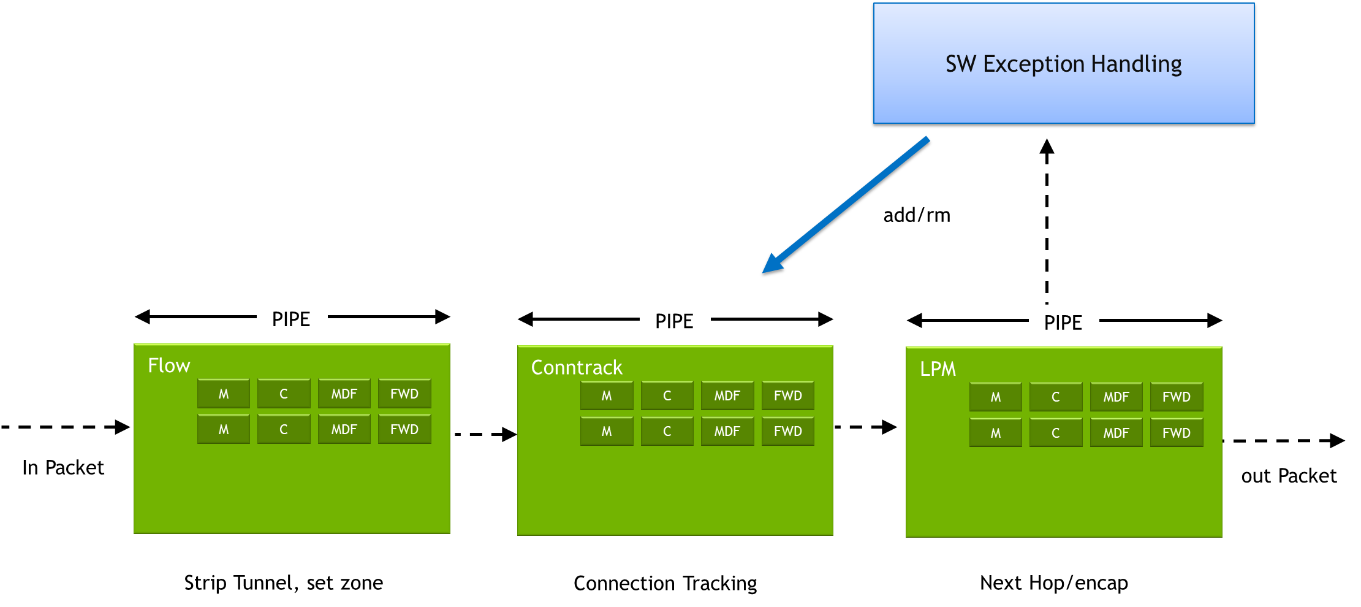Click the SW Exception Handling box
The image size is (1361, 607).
pos(1064,63)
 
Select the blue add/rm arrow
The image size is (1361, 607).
pos(846,205)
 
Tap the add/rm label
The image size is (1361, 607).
pos(917,215)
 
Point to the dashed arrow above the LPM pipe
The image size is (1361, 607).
pos(1047,221)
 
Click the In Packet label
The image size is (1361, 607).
pos(63,468)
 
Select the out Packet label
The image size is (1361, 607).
pos(1289,476)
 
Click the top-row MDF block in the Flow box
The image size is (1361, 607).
pos(344,394)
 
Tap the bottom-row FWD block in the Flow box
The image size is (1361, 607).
pos(404,429)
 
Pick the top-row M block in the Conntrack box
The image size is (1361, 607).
pos(607,395)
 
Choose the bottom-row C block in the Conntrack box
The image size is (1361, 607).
pos(667,431)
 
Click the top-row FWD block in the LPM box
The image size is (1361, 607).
pos(1177,397)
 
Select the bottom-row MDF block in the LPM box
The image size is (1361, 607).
pos(1116,433)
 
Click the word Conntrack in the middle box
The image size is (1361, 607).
pos(577,367)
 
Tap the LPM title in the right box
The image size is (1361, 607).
pos(938,369)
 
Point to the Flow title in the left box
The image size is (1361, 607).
pos(169,365)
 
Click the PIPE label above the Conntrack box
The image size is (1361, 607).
pos(674,321)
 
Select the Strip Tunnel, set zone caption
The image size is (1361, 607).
pos(284,582)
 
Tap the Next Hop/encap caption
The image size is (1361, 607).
pos(1054,582)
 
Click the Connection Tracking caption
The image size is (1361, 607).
pos(665,583)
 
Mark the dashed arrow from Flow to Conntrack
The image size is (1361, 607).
pos(486,434)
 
